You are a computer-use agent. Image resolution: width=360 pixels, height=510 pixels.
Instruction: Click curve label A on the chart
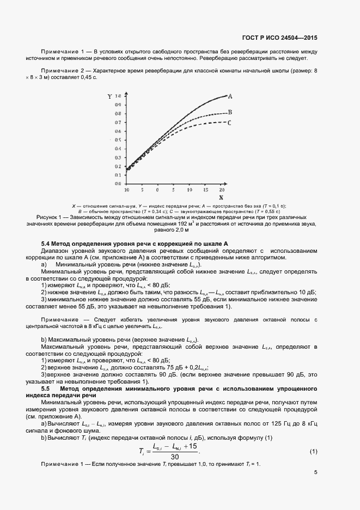point(230,96)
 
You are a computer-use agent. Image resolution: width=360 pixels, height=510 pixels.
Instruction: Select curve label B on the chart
point(230,112)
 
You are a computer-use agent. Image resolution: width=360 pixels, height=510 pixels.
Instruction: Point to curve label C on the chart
point(230,123)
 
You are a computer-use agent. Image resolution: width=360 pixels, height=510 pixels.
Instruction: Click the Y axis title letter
point(109,96)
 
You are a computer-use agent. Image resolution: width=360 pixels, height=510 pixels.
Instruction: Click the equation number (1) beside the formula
point(314,452)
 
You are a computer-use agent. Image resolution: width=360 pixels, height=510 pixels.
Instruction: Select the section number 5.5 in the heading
point(46,388)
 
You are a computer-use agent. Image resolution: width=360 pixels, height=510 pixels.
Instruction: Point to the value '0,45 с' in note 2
point(87,77)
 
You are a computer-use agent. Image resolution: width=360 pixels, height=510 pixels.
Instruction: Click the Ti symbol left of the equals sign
point(141,452)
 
